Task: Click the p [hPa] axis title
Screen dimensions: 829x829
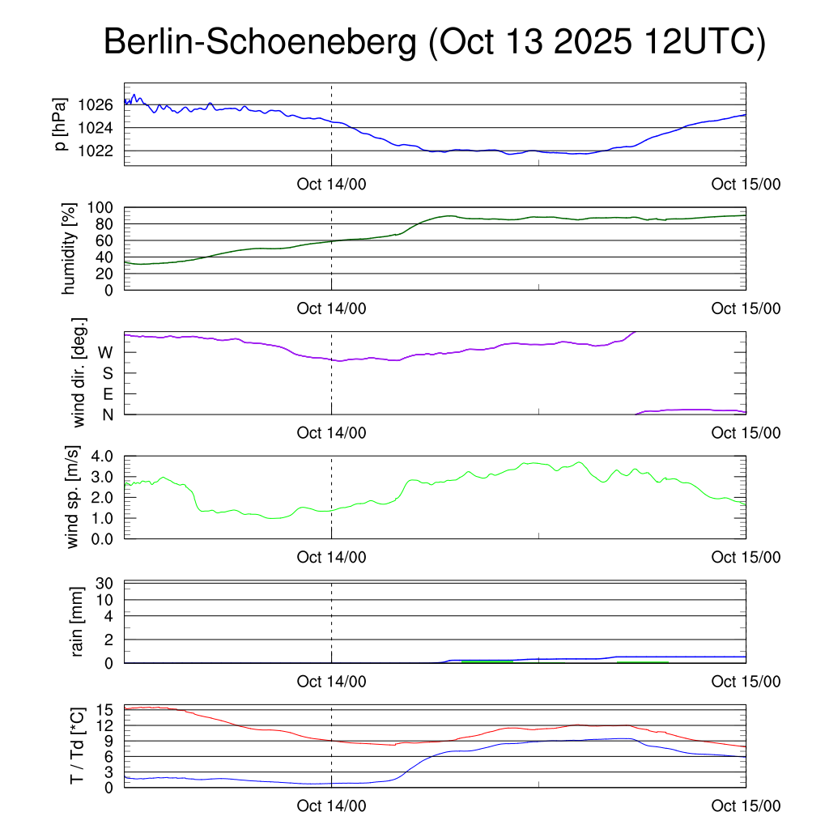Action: [60, 124]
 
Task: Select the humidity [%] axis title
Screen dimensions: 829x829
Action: [70, 249]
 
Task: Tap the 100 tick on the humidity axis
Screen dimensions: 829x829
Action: [103, 208]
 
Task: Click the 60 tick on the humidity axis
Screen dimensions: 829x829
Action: [106, 240]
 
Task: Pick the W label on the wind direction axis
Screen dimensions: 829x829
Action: [105, 352]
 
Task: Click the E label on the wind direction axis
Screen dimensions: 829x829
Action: [107, 393]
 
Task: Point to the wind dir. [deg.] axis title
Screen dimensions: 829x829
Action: [79, 373]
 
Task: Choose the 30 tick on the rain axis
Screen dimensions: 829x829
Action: [106, 584]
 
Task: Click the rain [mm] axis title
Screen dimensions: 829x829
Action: [79, 622]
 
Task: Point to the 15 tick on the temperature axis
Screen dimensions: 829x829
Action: [106, 710]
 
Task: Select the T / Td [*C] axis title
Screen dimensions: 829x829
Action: [77, 746]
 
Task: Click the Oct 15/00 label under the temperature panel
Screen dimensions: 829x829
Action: [746, 806]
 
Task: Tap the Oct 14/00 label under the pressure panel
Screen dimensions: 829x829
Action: [331, 185]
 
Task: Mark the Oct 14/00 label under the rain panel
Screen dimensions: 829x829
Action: [331, 682]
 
